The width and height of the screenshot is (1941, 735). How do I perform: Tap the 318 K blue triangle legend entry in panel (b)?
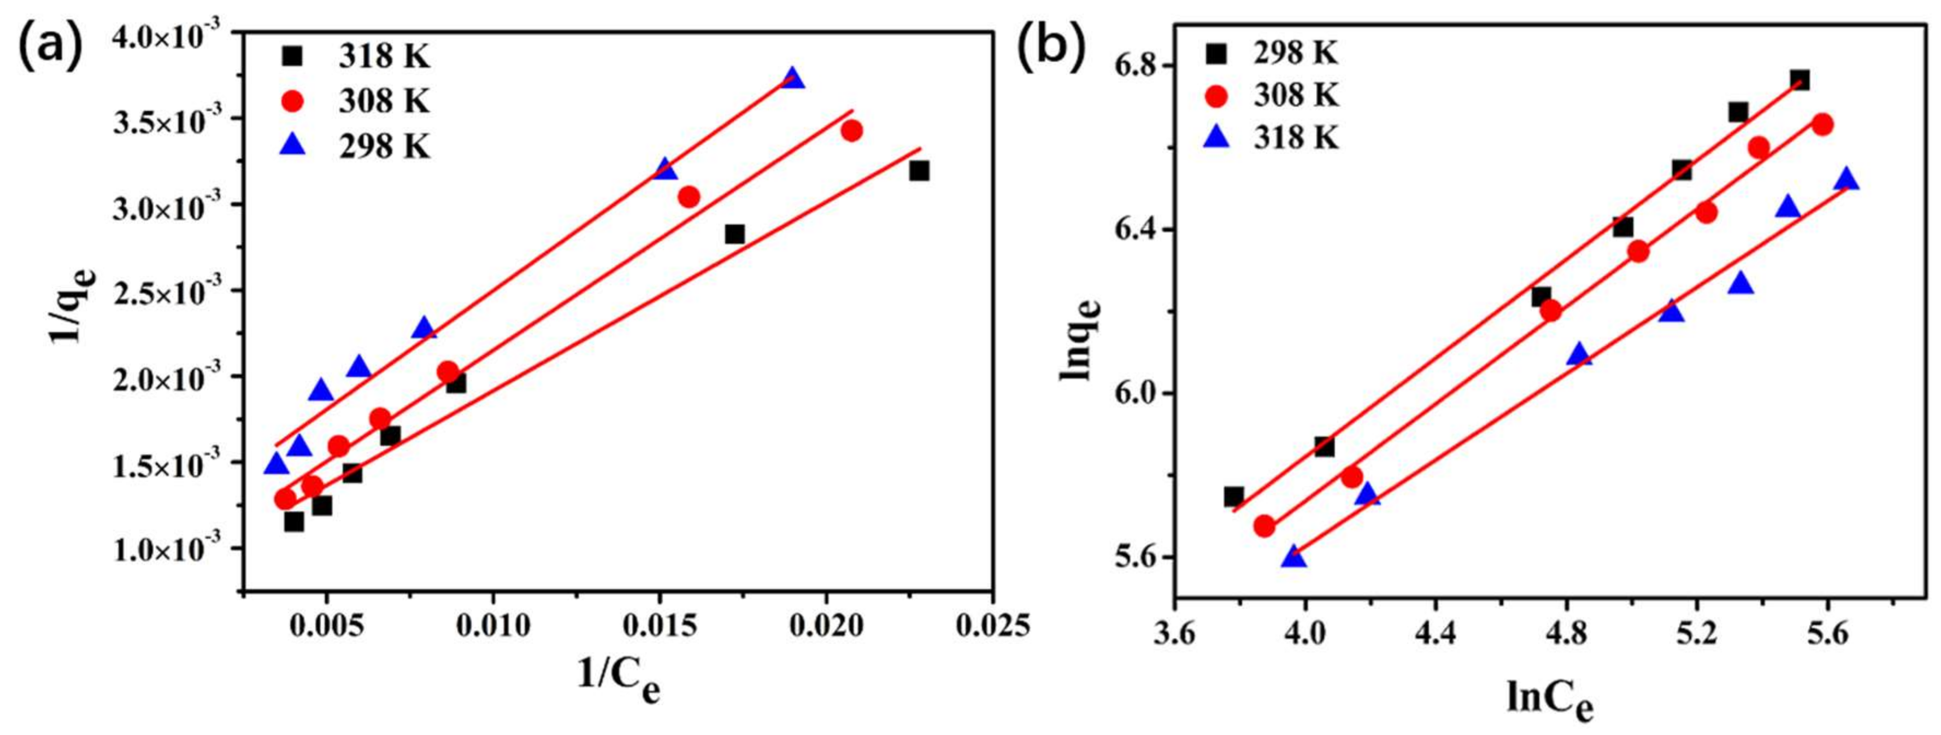[1273, 139]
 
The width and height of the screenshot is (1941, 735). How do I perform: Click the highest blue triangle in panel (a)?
[793, 78]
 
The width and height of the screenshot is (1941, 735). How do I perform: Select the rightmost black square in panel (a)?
[919, 171]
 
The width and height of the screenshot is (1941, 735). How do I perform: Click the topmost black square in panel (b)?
[1799, 80]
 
